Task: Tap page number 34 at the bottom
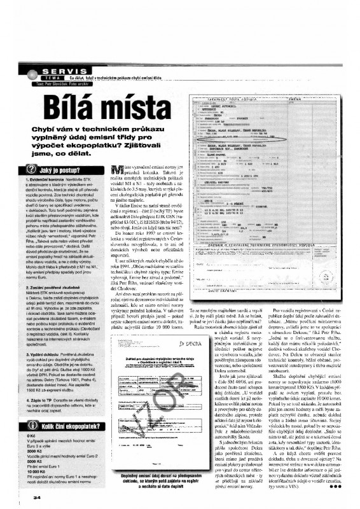point(20,496)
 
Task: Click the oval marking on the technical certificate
point(229,155)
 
